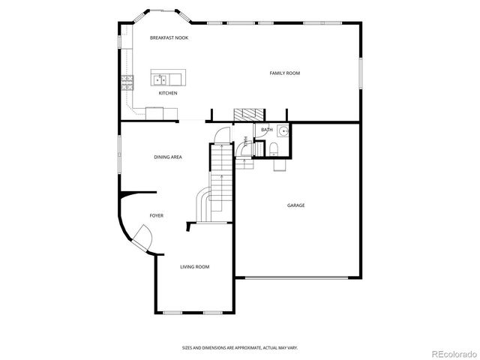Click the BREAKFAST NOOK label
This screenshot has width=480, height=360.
(169, 37)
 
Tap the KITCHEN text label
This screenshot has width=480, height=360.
(168, 93)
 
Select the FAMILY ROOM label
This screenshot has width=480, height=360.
(285, 73)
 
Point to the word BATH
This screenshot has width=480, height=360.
(266, 130)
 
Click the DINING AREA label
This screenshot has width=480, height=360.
(168, 157)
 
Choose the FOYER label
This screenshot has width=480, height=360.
(156, 215)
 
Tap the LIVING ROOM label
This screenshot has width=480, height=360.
(194, 267)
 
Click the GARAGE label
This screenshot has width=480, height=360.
(295, 205)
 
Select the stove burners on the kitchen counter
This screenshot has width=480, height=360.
(127, 82)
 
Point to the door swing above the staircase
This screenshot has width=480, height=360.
(221, 136)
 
